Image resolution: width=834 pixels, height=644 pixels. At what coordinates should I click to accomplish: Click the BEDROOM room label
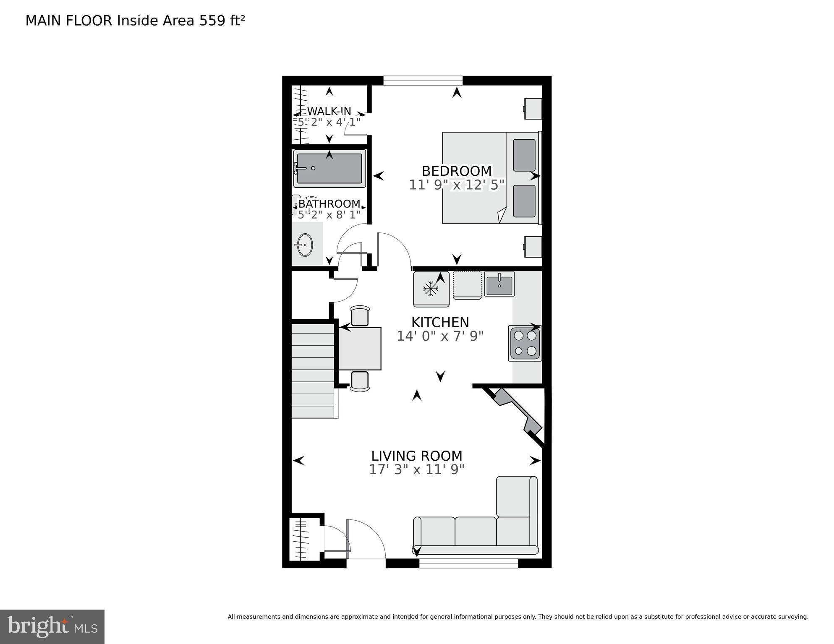[456, 171]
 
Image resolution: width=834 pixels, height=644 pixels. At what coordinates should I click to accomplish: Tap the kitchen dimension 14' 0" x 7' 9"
[440, 336]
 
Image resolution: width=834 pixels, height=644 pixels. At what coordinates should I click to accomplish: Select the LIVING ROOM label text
[416, 456]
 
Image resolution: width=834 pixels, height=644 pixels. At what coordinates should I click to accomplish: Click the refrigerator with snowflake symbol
[431, 289]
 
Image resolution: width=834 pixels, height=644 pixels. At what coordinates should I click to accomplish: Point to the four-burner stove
[525, 343]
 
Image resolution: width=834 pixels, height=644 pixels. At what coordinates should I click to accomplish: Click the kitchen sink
[499, 284]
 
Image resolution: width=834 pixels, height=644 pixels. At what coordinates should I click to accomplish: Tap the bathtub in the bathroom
[329, 169]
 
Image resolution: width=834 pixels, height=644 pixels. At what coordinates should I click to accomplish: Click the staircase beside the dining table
[313, 369]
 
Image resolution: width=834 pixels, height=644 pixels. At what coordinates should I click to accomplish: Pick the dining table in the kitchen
[360, 349]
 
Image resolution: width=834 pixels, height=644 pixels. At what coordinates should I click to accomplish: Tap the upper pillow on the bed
[524, 155]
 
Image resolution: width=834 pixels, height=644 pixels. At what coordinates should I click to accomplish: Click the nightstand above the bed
[533, 109]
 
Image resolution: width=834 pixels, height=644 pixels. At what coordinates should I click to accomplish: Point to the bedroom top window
[423, 81]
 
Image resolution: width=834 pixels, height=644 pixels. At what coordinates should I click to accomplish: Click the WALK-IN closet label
[329, 111]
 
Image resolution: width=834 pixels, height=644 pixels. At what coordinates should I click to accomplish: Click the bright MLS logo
[52, 626]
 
